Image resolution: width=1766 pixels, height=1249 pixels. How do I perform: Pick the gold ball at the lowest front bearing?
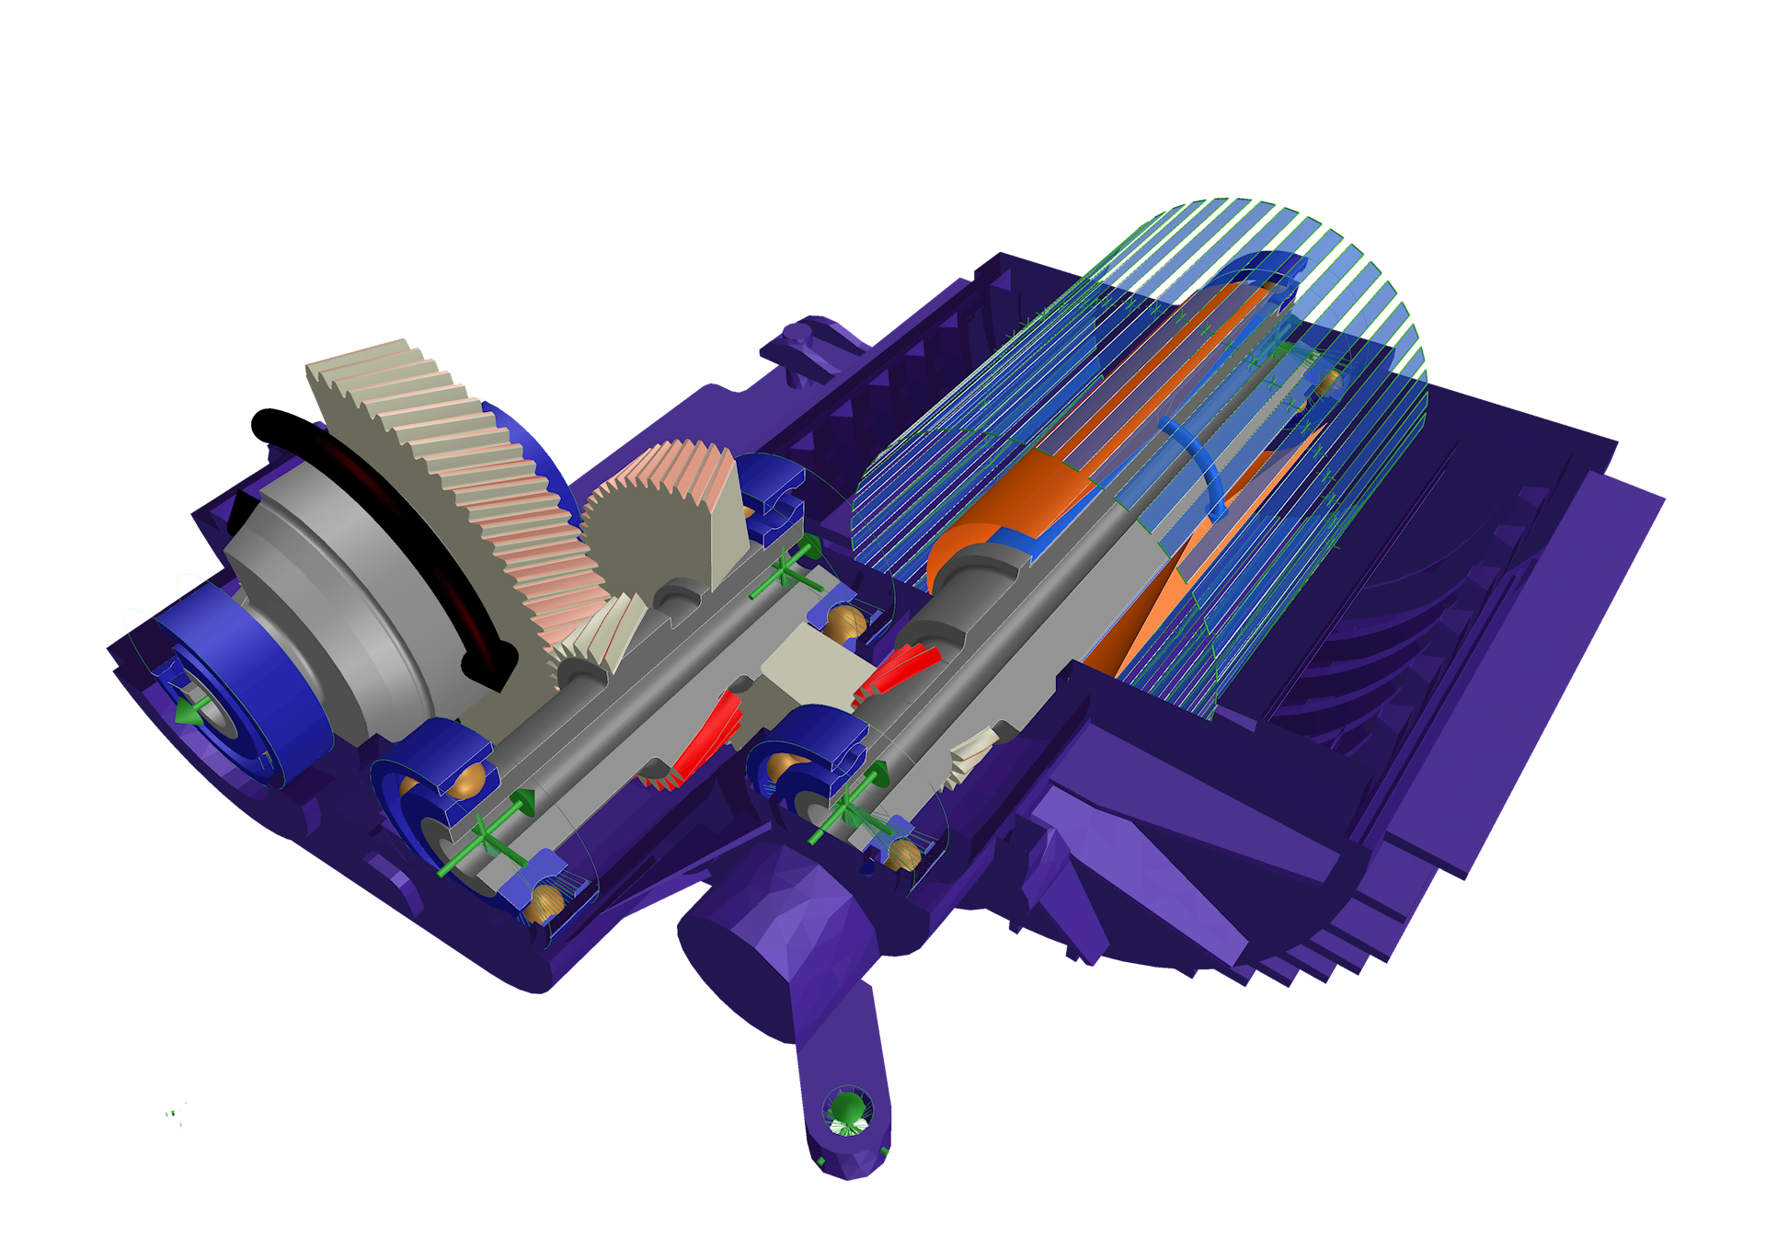(543, 901)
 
